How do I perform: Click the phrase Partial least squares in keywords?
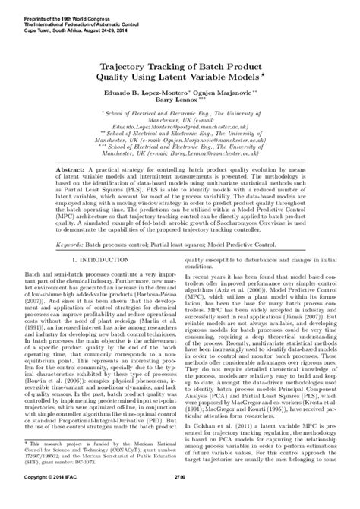click(x=191, y=245)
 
